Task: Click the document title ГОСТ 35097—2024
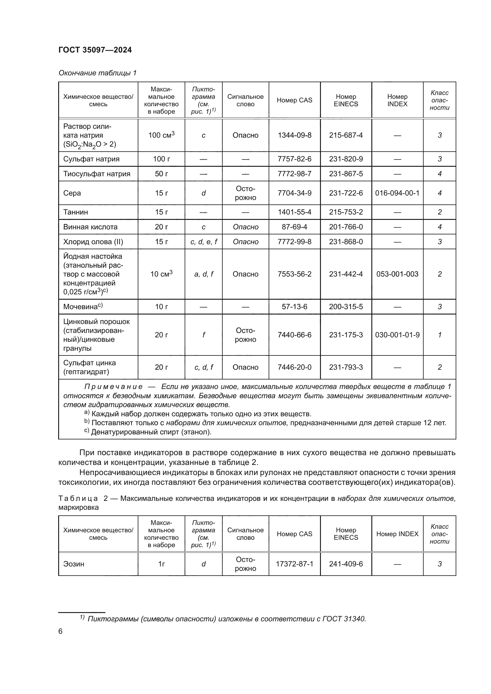95,50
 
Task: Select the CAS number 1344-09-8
294,135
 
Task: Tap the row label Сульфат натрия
91,159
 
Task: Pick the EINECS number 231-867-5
346,174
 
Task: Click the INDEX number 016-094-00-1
397,193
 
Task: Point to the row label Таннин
76,212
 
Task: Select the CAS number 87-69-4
294,227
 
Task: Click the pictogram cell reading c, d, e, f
203,242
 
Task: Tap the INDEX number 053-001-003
397,274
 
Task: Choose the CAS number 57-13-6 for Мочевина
294,306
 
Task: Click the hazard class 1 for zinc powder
439,335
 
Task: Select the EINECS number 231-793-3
346,367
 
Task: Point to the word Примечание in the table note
113,387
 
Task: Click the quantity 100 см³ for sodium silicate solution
161,135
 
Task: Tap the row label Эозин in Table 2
74,564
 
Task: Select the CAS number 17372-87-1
294,564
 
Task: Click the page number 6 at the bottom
60,631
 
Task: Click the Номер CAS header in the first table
294,100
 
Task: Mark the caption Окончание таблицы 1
97,73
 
